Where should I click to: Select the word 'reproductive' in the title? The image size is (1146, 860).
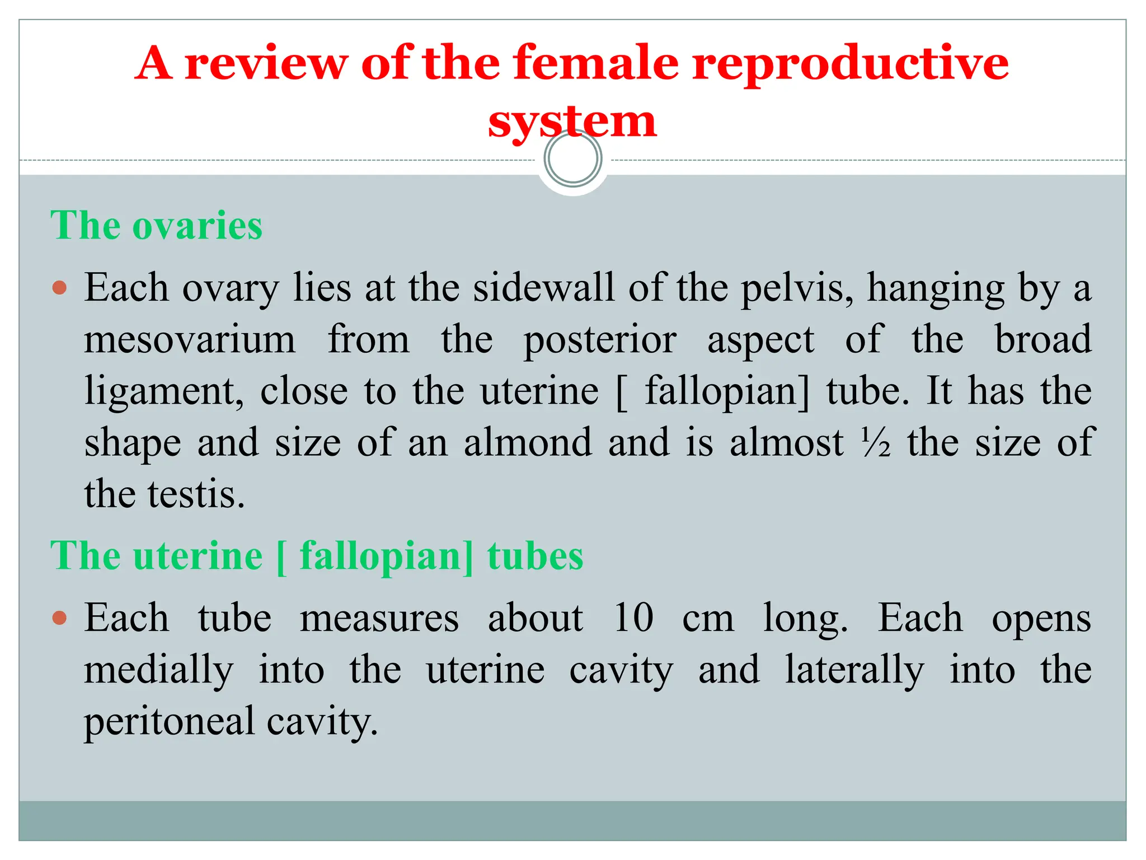tap(851, 64)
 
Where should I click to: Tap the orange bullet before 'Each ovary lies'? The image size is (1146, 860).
tap(59, 288)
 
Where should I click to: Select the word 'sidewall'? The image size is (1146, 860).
tap(543, 288)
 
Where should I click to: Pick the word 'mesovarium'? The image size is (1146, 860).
tap(190, 339)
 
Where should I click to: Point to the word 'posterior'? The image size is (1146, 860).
tap(600, 340)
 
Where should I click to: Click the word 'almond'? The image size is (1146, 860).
tap(528, 442)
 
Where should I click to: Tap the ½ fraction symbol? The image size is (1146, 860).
tap(876, 442)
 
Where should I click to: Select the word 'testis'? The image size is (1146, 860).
tap(196, 494)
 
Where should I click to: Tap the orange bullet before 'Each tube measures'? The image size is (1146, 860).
tap(59, 619)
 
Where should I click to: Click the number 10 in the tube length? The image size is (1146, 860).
tap(633, 618)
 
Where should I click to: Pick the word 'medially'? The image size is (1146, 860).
tap(158, 671)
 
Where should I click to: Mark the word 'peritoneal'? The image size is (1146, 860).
tap(170, 722)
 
